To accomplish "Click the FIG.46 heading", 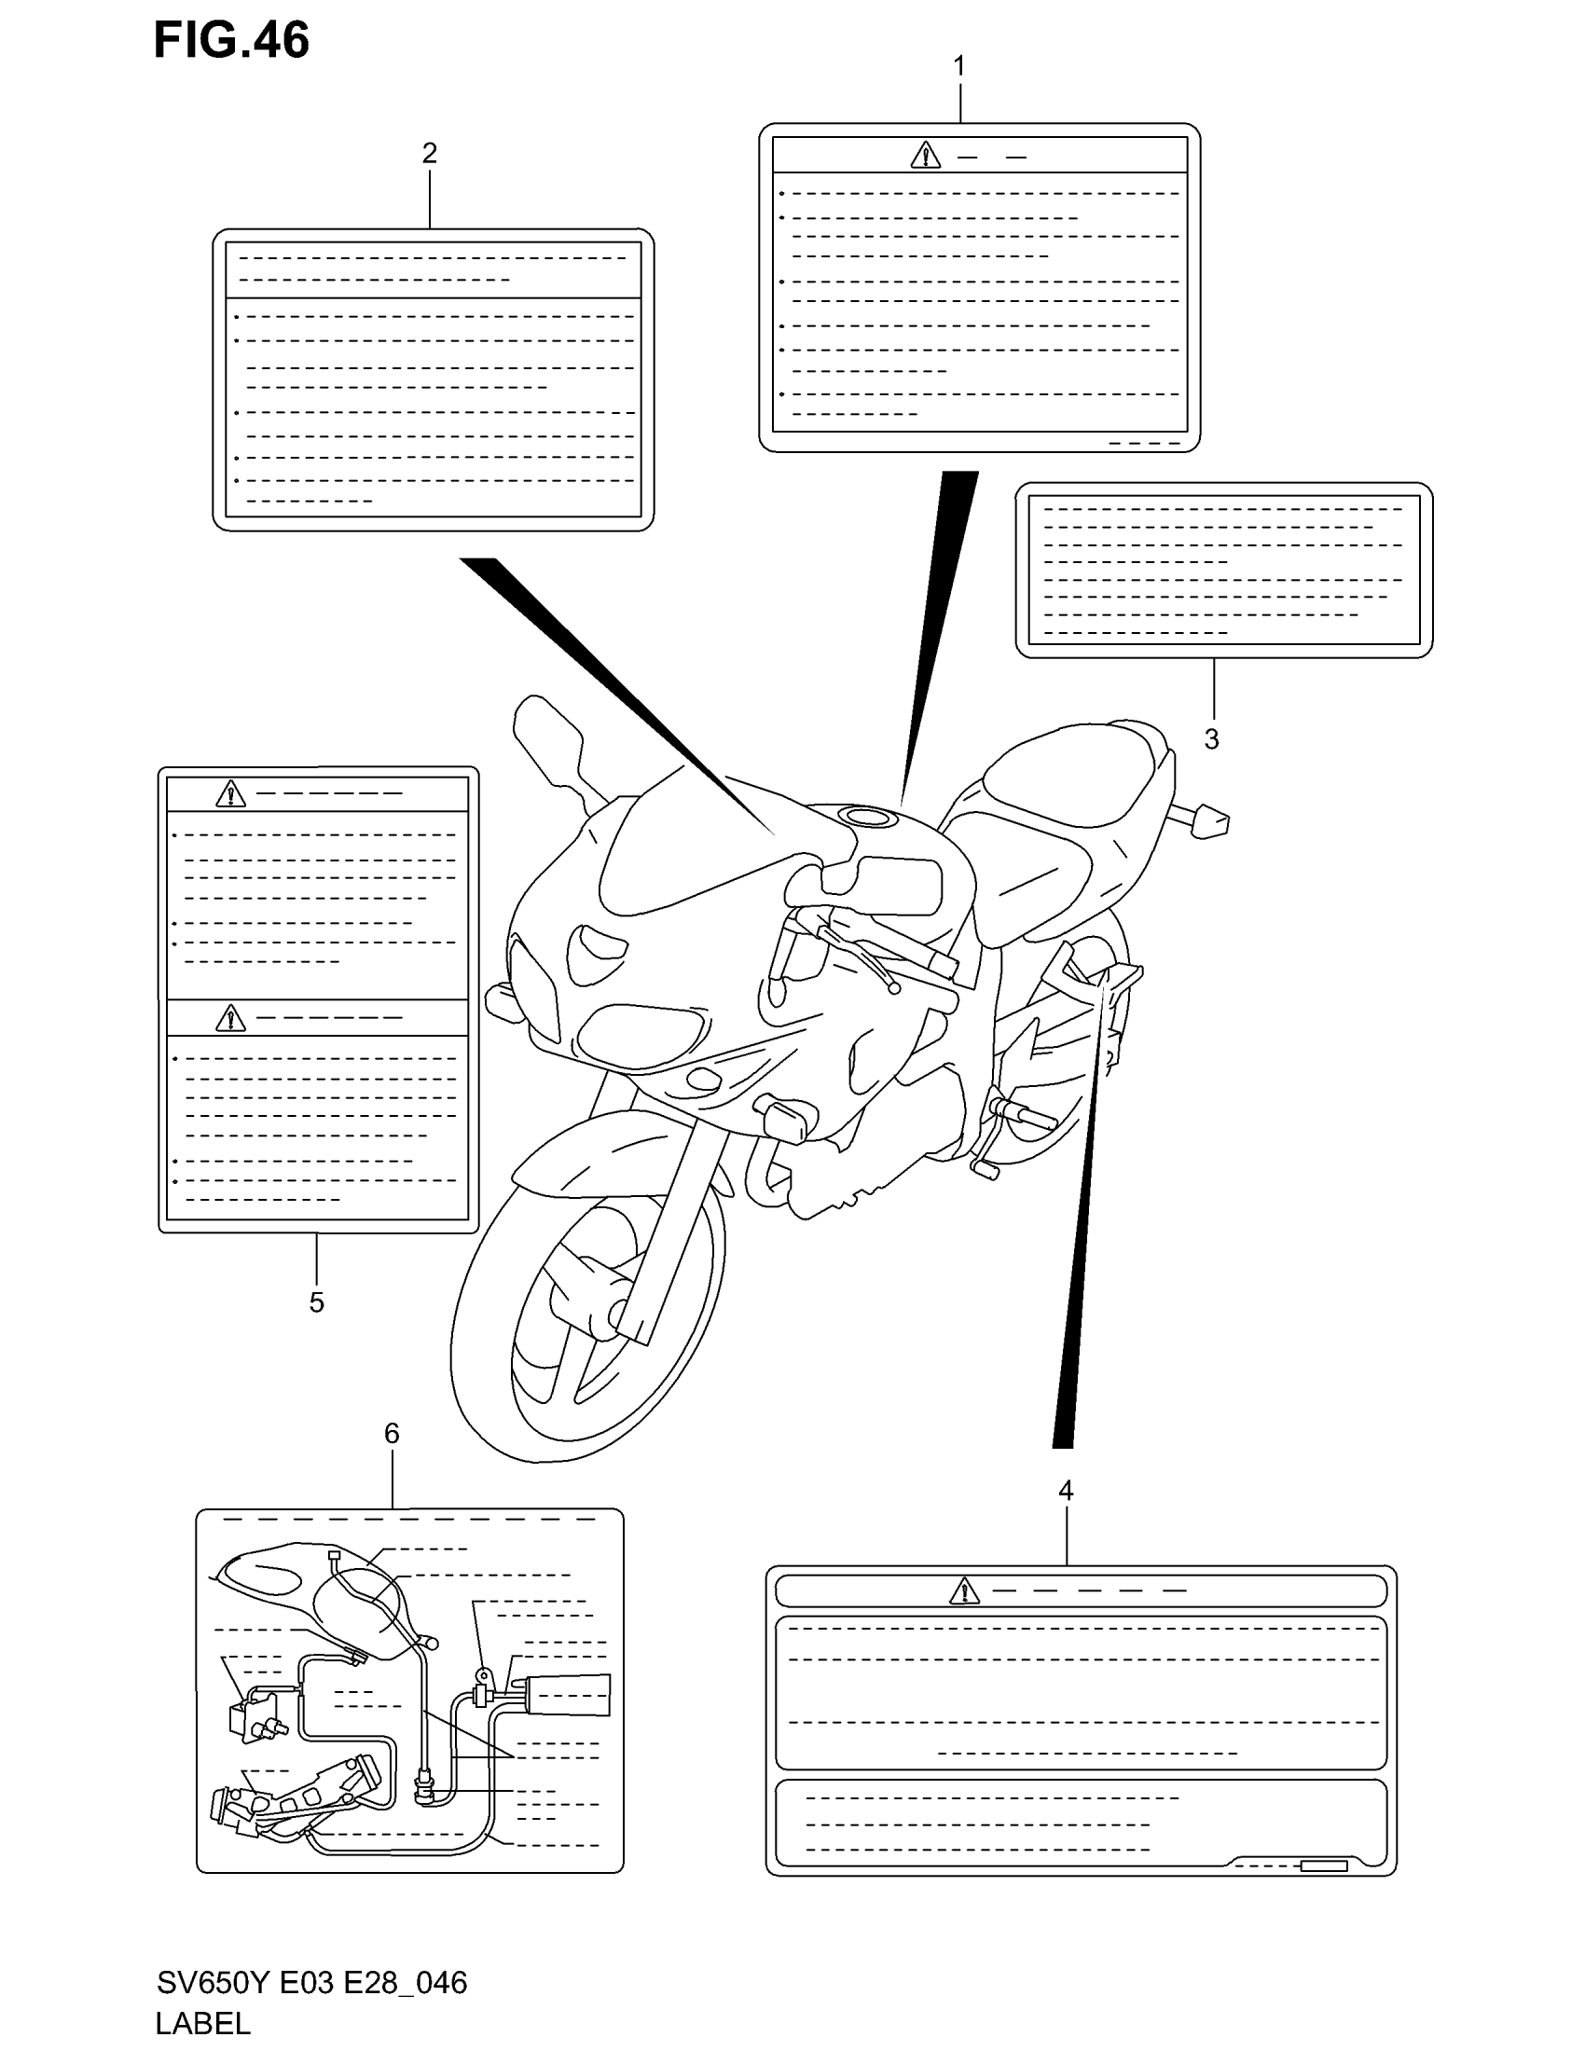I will [x=231, y=41].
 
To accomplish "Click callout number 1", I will [x=958, y=67].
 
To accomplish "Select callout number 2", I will [x=429, y=152].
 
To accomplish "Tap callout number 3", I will [x=1211, y=739].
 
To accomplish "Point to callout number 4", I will [x=1065, y=1491].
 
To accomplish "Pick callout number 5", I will [x=316, y=1301].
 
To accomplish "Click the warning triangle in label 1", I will [x=925, y=156].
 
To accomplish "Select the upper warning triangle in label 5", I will [x=230, y=794].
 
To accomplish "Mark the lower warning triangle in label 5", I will [x=230, y=1018].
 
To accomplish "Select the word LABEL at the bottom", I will [x=203, y=2022].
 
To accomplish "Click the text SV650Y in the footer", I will [x=214, y=1982].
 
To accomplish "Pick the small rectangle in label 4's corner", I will [x=1323, y=1866].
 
